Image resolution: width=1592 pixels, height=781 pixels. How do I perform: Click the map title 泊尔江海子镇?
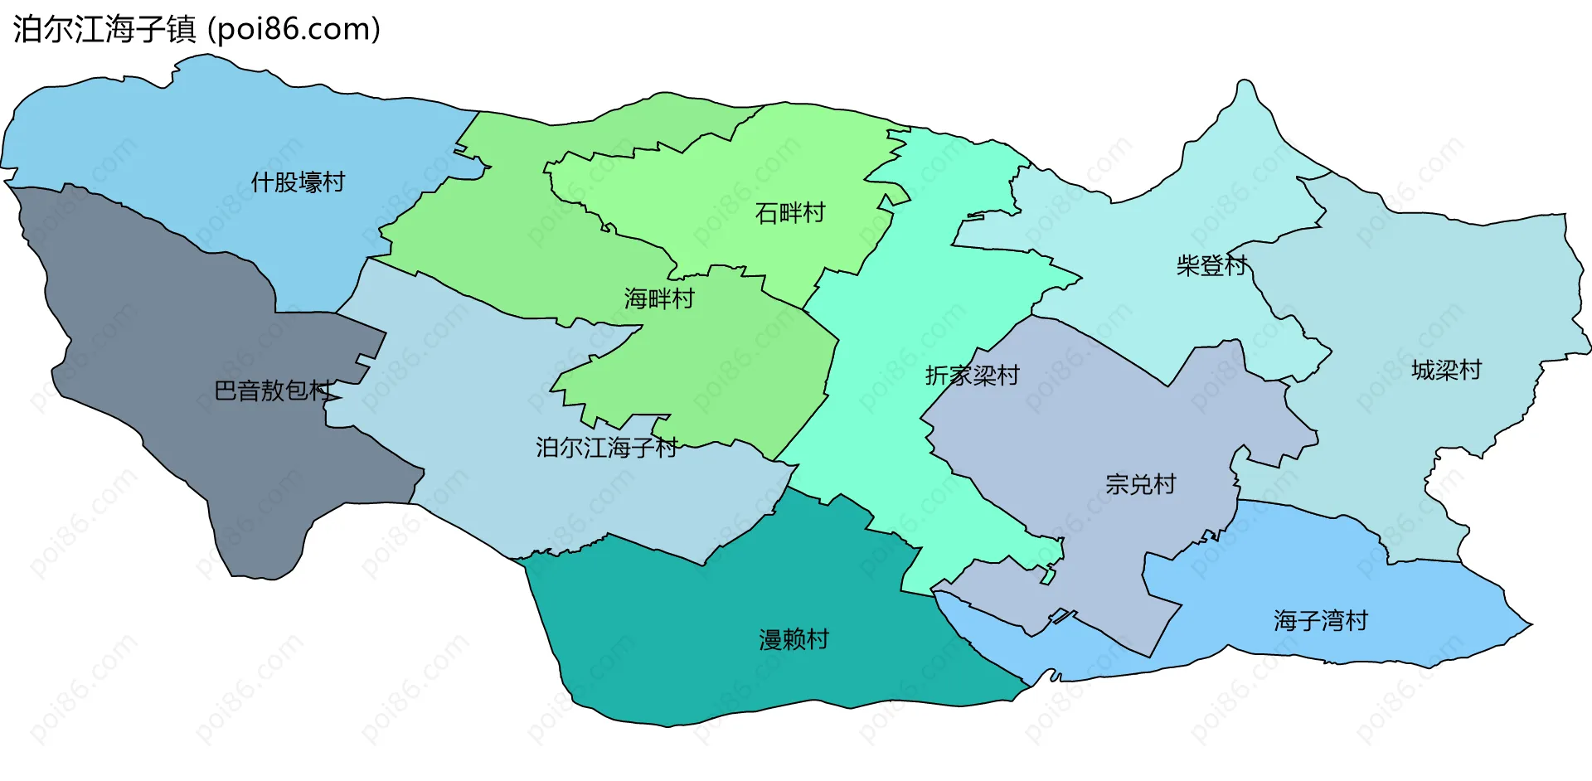[x=104, y=30]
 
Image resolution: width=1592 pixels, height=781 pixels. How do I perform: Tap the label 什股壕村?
[x=298, y=182]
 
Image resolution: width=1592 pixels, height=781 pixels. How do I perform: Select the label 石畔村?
[x=790, y=214]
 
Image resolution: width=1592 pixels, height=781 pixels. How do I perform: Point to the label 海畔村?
[x=659, y=298]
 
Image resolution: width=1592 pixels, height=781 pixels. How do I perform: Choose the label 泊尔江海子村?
[x=606, y=448]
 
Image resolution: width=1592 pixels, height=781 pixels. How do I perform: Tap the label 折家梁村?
[x=972, y=376]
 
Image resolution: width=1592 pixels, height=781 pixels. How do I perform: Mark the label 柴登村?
[x=1211, y=265]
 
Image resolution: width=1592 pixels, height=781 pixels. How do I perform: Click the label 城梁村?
[x=1446, y=370]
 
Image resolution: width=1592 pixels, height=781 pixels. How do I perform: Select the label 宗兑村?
[x=1140, y=484]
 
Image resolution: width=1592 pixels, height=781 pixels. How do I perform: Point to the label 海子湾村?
[x=1320, y=620]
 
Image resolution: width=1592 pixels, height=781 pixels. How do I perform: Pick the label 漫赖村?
[x=794, y=639]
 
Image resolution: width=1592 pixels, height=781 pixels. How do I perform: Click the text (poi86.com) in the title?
[x=294, y=30]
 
